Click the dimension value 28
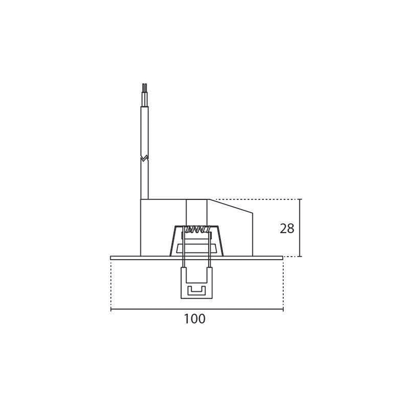click(287, 229)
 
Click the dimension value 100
click(195, 319)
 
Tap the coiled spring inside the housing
click(197, 229)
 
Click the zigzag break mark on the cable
click(145, 158)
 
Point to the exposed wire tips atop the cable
click(145, 88)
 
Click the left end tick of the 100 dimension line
click(111, 310)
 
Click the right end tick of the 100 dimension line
click(283, 310)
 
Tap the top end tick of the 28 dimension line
click(301, 199)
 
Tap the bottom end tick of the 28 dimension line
click(301, 256)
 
